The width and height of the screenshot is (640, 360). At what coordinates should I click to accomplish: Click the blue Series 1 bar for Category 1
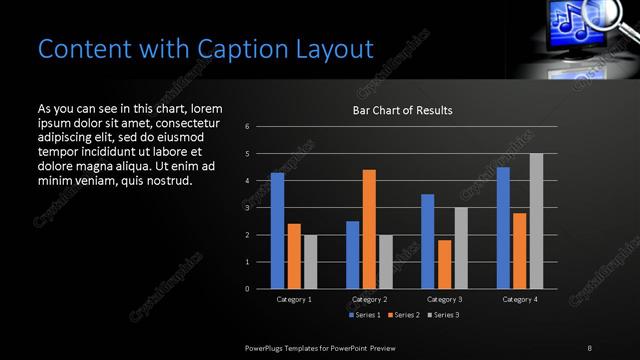coord(277,231)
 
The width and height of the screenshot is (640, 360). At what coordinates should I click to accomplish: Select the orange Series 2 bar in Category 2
coord(369,229)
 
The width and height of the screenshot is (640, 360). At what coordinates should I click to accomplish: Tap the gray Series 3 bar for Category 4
coord(536,221)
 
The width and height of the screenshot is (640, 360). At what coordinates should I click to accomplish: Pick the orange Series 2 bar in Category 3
coord(444,264)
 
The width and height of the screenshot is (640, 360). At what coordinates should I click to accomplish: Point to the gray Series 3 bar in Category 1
coord(310,262)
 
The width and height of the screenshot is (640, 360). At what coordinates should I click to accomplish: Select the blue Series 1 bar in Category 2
coord(352,255)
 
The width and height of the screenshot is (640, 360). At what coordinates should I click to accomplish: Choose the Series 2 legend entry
coord(403,315)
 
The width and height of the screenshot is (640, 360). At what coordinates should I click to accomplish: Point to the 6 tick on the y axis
coord(261,127)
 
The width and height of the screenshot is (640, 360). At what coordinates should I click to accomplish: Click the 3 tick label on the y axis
coord(261,208)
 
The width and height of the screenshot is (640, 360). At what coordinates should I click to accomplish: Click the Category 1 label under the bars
coord(293,299)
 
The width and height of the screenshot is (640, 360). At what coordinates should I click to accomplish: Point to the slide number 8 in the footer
coord(590,346)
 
